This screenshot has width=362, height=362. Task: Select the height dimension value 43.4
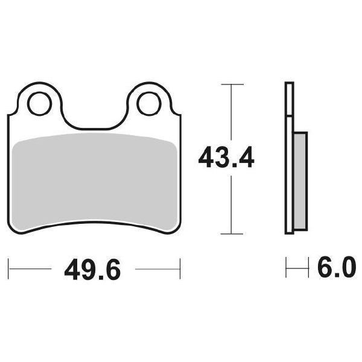pos(227,159)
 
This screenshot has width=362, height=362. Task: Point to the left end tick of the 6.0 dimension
pos(287,265)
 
